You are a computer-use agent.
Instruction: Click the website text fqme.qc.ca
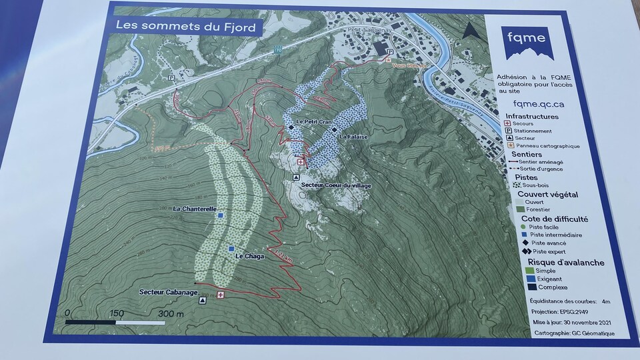point(539,103)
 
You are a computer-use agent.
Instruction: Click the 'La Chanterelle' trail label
point(194,209)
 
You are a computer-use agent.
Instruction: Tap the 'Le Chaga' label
point(250,257)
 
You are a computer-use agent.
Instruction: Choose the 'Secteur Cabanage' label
point(168,292)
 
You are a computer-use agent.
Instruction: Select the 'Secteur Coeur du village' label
point(336,185)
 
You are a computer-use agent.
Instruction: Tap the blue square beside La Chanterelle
point(219,209)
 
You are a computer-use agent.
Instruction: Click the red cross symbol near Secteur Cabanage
point(221,295)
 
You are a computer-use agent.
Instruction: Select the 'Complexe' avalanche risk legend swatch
point(531,287)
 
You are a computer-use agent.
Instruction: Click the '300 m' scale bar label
point(171,313)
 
